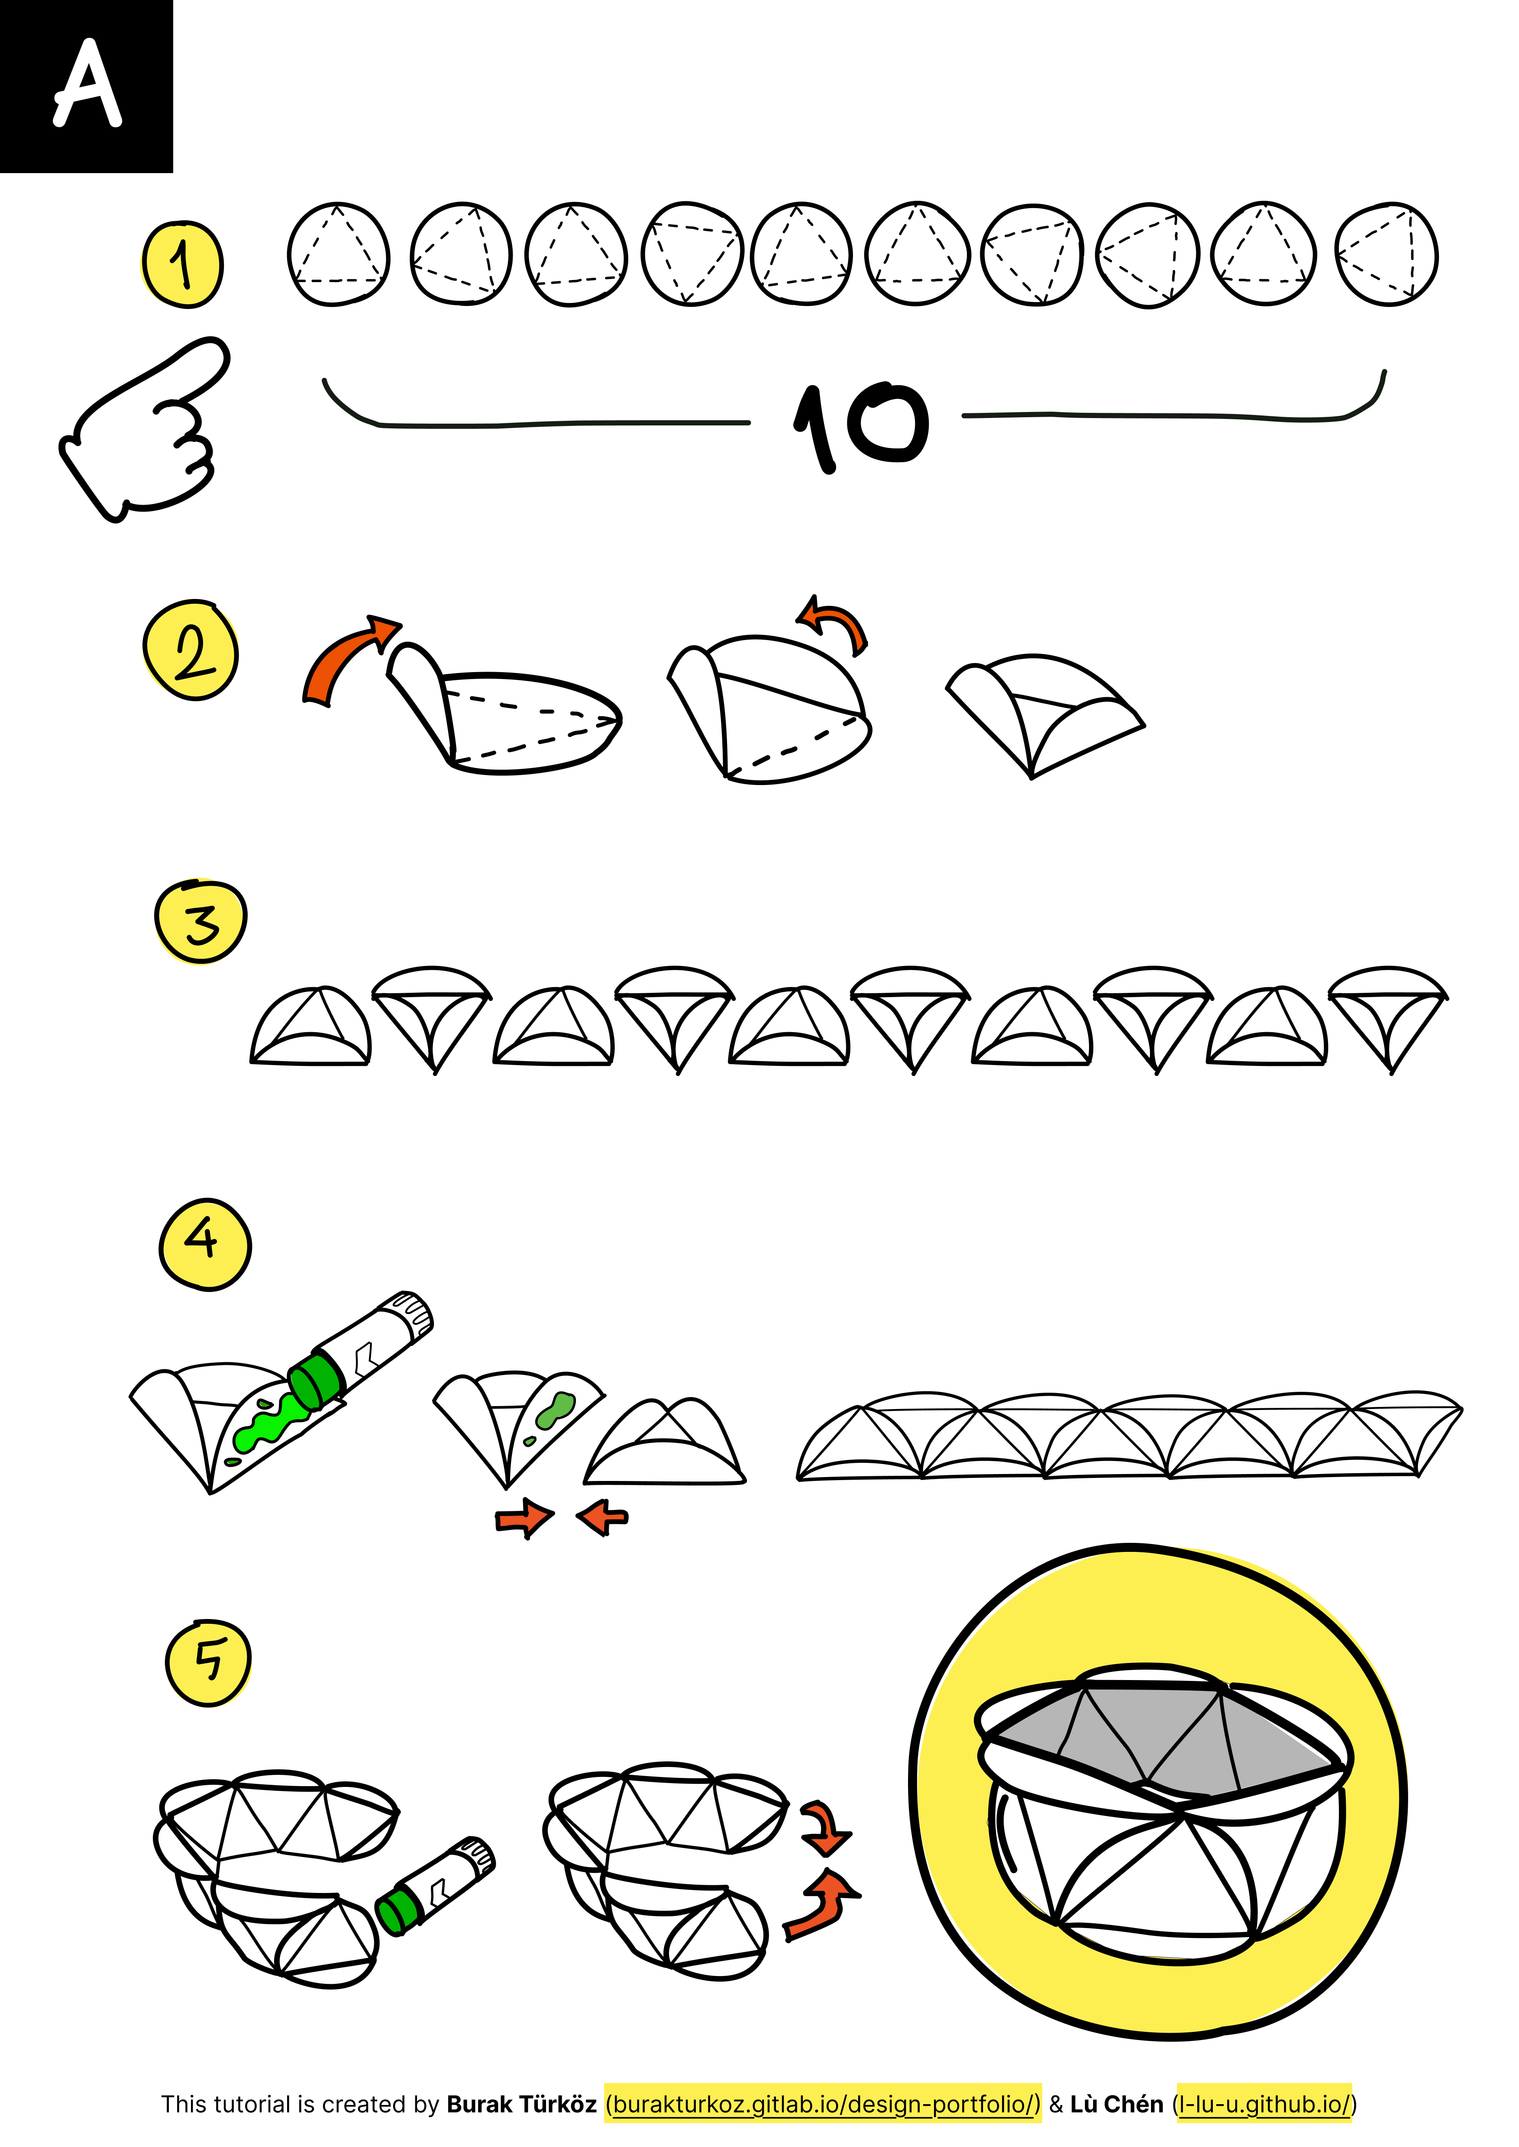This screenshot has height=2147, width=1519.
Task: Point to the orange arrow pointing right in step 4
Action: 525,1518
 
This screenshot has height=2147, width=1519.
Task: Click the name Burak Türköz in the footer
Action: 521,2104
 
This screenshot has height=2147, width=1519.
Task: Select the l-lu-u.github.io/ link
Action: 1264,2104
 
